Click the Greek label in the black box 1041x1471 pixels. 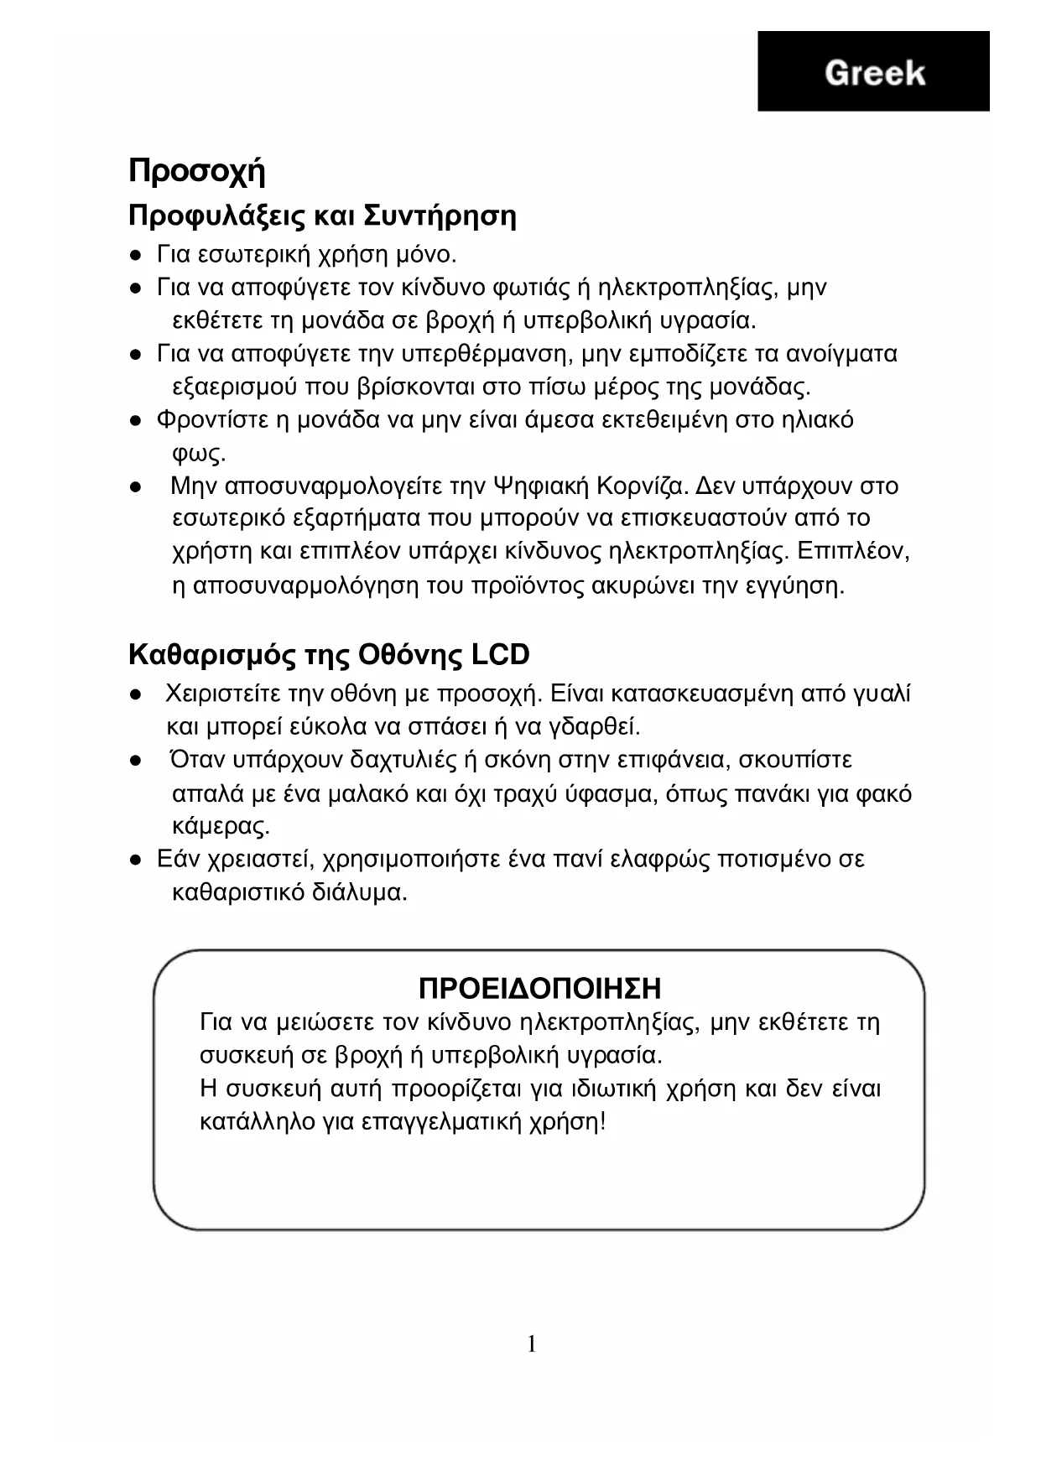click(874, 73)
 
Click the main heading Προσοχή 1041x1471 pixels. click(197, 171)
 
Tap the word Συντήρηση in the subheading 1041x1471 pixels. click(440, 216)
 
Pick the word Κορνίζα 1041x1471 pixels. click(643, 486)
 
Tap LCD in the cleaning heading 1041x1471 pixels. click(500, 654)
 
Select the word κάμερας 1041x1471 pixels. click(221, 826)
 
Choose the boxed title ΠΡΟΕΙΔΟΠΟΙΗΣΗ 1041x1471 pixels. click(539, 988)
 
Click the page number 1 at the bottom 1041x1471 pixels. click(532, 1344)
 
